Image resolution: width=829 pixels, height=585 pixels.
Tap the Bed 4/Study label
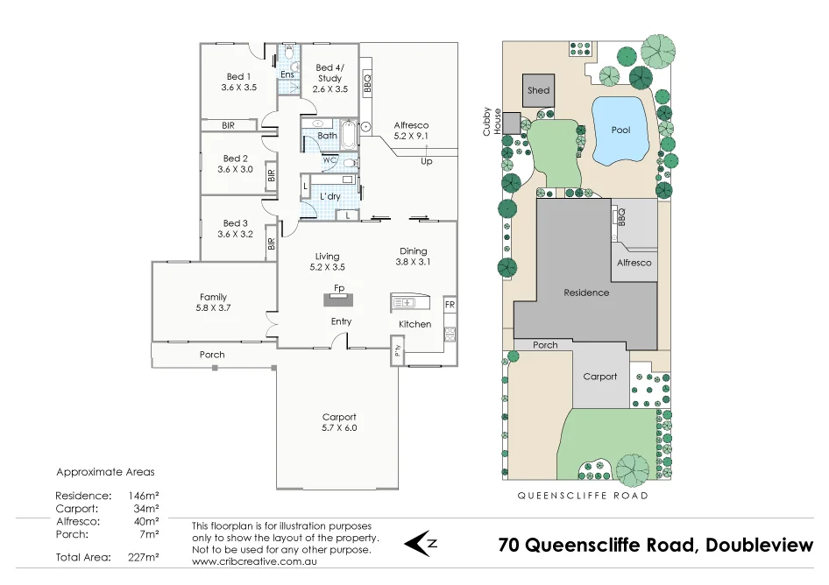[330, 68]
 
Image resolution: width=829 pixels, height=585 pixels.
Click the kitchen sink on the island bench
[405, 303]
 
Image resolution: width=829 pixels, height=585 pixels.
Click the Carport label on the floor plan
[339, 417]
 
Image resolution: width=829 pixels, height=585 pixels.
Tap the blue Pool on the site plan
[620, 130]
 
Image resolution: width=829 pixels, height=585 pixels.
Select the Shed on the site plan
[539, 90]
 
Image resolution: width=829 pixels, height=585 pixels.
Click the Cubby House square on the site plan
[511, 123]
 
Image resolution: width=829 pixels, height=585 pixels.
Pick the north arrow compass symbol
[420, 543]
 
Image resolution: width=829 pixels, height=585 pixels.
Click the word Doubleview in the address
[758, 545]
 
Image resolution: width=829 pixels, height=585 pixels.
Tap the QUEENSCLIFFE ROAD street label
[582, 496]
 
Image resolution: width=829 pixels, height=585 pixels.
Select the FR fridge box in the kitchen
[450, 305]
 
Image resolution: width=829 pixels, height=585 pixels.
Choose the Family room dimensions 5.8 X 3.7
[213, 308]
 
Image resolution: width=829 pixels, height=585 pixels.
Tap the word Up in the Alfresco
[427, 161]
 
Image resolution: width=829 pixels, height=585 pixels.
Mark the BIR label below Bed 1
[228, 126]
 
